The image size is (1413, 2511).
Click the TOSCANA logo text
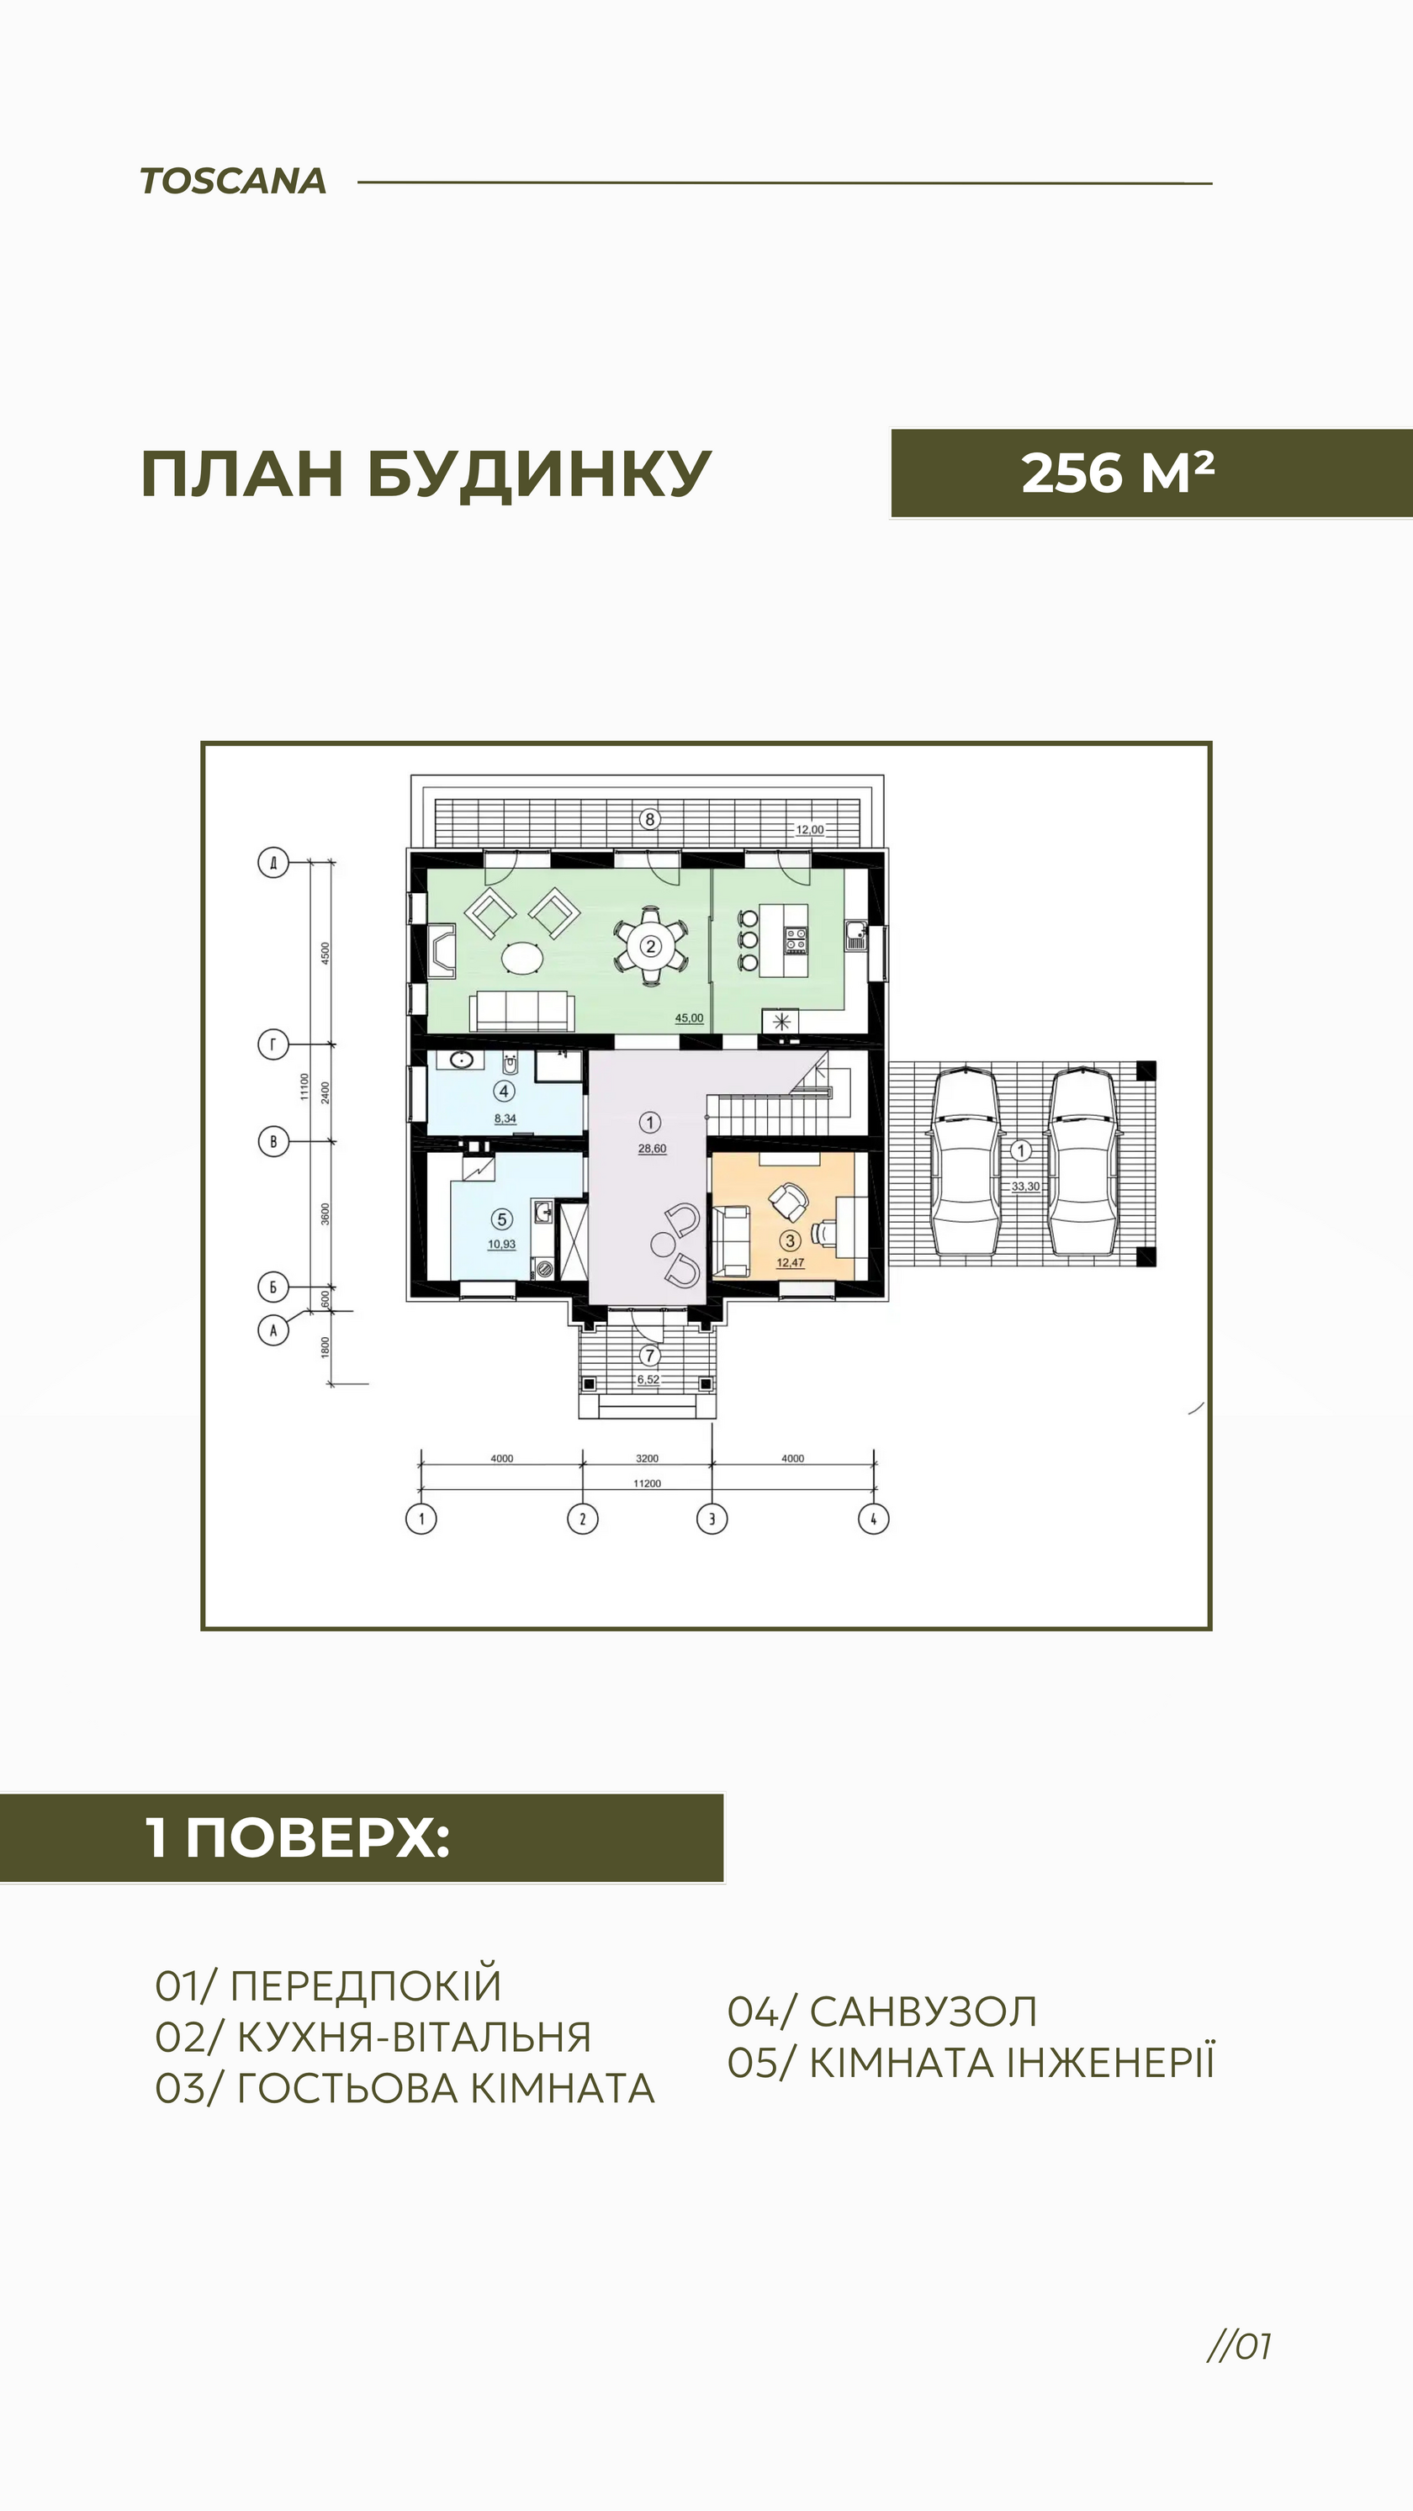(x=233, y=182)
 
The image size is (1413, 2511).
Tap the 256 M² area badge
(x=1151, y=473)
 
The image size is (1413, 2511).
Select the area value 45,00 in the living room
(x=690, y=1018)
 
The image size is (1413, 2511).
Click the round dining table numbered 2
(x=650, y=945)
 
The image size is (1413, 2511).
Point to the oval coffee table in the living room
(x=524, y=958)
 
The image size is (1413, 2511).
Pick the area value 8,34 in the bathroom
(x=505, y=1119)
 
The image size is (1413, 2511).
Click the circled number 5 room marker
(x=502, y=1219)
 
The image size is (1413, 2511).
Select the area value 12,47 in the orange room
(x=790, y=1262)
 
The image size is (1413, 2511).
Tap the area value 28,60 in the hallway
(x=653, y=1148)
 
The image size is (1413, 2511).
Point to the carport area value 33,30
(x=1026, y=1187)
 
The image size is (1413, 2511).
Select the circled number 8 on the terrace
(x=650, y=819)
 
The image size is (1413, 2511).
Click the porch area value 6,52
(x=648, y=1379)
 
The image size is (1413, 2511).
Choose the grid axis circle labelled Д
(x=273, y=863)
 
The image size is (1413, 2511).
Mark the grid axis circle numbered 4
(x=874, y=1519)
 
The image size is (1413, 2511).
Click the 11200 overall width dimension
(x=648, y=1483)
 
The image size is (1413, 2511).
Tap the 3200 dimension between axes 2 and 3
(x=648, y=1458)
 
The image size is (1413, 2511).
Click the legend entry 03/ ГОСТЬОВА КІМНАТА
(x=405, y=2089)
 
